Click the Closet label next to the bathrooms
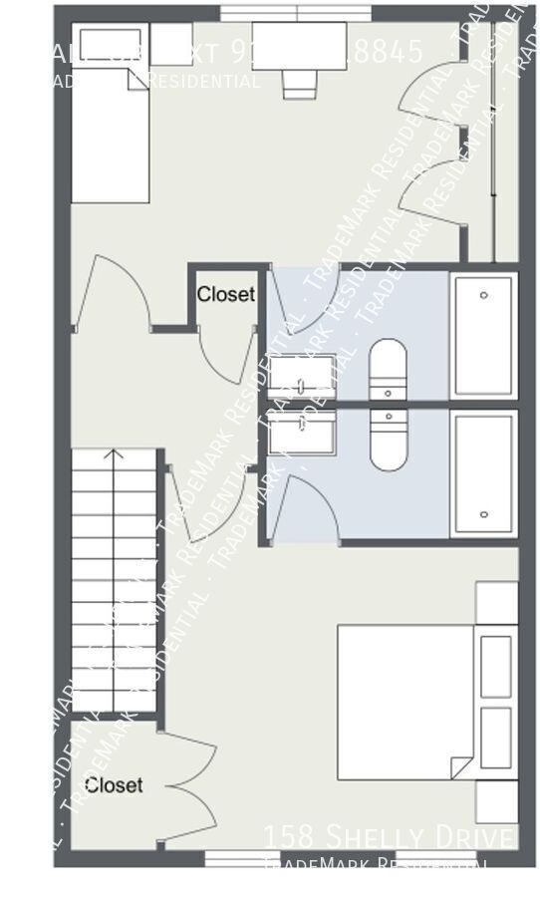click(226, 295)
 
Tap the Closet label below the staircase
click(114, 785)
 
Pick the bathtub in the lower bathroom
click(483, 473)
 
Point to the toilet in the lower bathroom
click(388, 439)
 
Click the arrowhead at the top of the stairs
click(114, 456)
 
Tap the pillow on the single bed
click(109, 44)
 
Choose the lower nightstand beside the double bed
click(496, 801)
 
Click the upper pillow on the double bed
click(496, 666)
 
